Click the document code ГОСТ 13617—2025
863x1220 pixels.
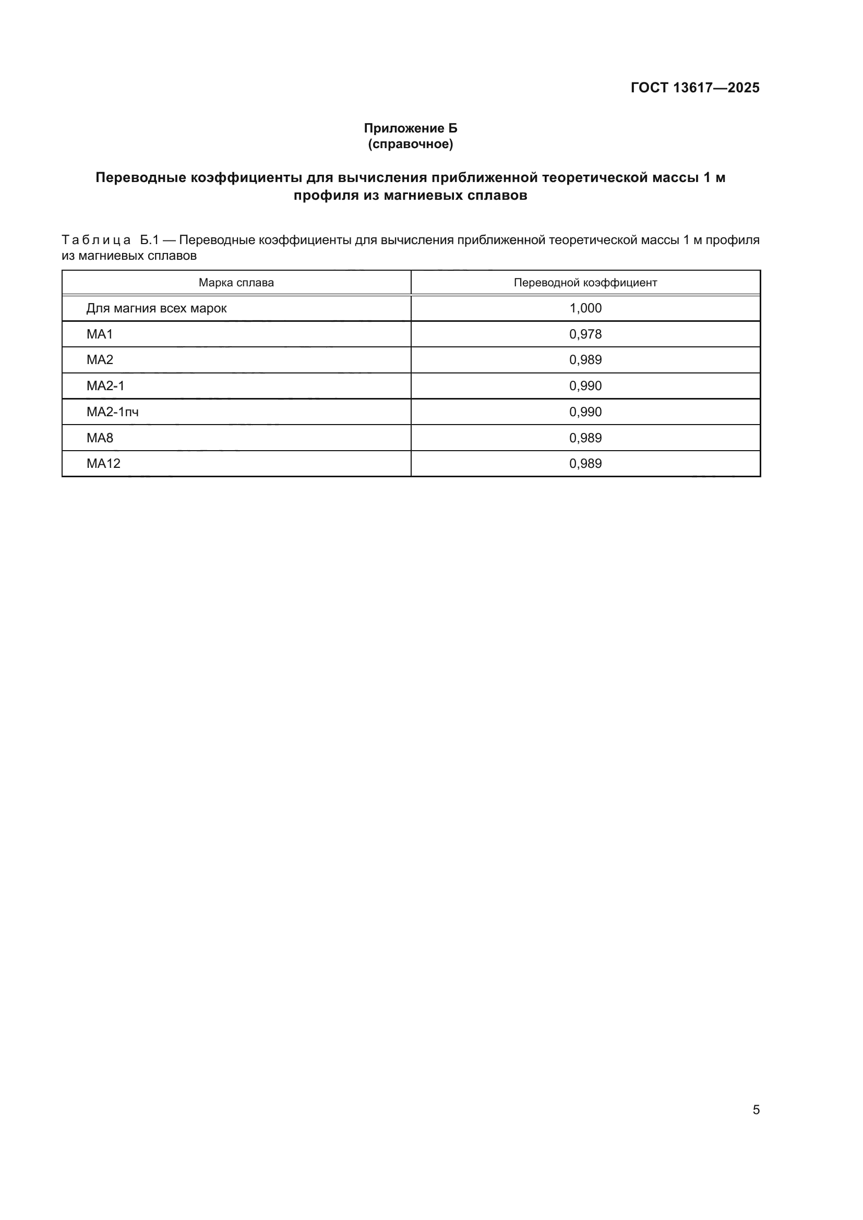695,88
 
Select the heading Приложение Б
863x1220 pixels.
410,128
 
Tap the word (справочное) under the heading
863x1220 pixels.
410,144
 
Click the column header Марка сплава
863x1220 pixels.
236,283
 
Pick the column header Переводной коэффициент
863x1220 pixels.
585,283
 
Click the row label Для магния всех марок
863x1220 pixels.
156,308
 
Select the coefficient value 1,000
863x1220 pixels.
585,308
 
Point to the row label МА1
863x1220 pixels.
99,334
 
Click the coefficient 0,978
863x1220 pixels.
585,334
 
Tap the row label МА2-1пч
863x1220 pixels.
112,412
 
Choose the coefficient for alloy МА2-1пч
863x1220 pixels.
585,412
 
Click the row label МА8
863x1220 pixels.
99,438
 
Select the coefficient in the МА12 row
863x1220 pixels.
585,463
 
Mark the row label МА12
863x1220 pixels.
103,463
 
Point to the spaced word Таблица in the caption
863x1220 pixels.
96,240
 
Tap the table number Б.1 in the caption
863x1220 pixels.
149,240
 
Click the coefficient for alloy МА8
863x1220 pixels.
585,438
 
